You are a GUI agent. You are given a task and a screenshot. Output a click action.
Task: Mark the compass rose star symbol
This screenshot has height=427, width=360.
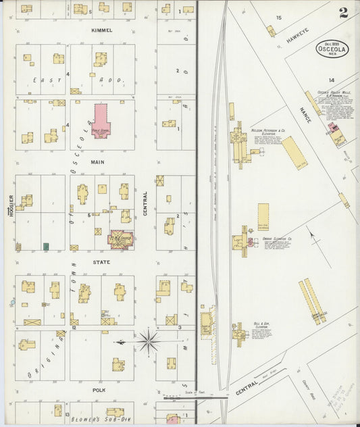pos(149,341)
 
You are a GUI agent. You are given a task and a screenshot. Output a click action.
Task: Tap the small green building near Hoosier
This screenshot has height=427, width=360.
pos(46,247)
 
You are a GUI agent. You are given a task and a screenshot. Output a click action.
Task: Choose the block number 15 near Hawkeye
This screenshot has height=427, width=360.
pos(278,18)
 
